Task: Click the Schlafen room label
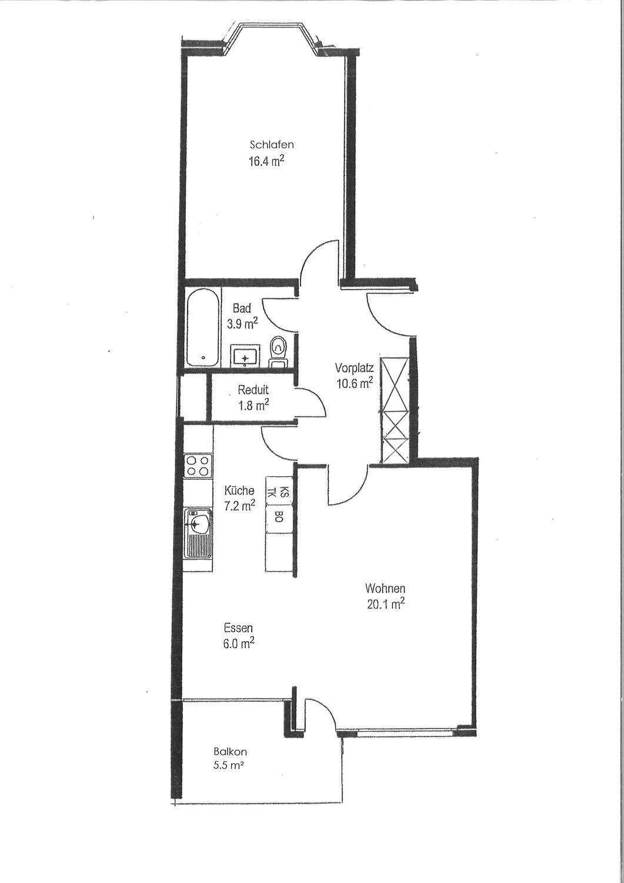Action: click(x=271, y=144)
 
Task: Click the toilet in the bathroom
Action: click(x=277, y=348)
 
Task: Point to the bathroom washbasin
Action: click(x=245, y=355)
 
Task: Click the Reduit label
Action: click(x=253, y=390)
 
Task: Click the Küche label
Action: click(x=239, y=490)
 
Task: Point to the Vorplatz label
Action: click(x=355, y=369)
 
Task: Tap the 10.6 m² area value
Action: click(x=355, y=384)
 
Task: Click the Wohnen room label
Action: click(x=385, y=588)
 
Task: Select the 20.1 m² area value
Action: click(x=385, y=604)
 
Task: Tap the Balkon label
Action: click(x=230, y=752)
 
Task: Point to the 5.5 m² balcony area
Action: click(x=230, y=766)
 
